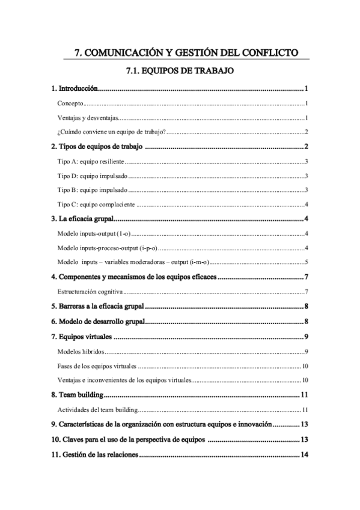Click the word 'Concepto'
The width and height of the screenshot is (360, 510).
tap(70, 103)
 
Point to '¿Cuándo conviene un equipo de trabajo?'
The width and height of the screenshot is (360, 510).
tap(112, 132)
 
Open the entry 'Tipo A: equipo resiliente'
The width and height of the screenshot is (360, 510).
tap(90, 162)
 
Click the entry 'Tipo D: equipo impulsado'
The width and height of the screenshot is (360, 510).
tap(91, 176)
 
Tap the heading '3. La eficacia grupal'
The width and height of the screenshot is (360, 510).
tap(82, 219)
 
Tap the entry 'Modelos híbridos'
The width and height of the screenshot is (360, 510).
tap(81, 351)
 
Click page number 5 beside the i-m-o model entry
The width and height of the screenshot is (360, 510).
tap(307, 262)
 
